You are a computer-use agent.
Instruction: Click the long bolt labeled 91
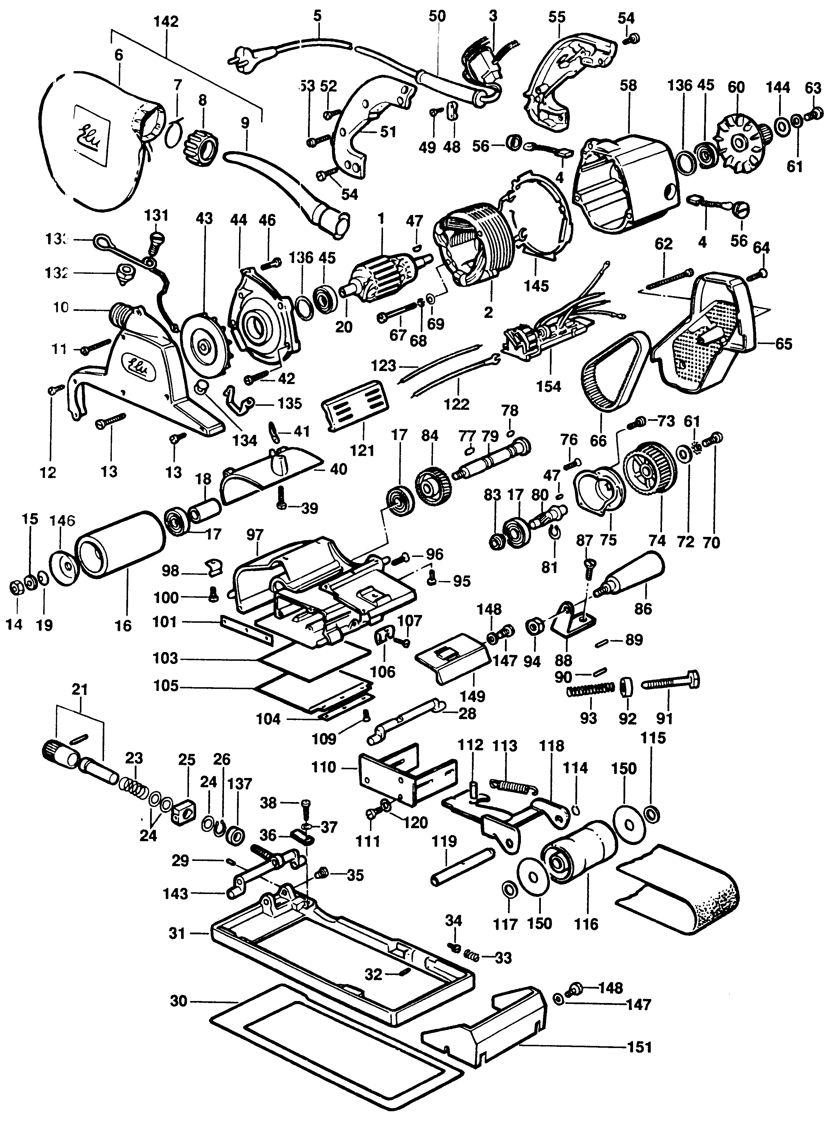[670, 682]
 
